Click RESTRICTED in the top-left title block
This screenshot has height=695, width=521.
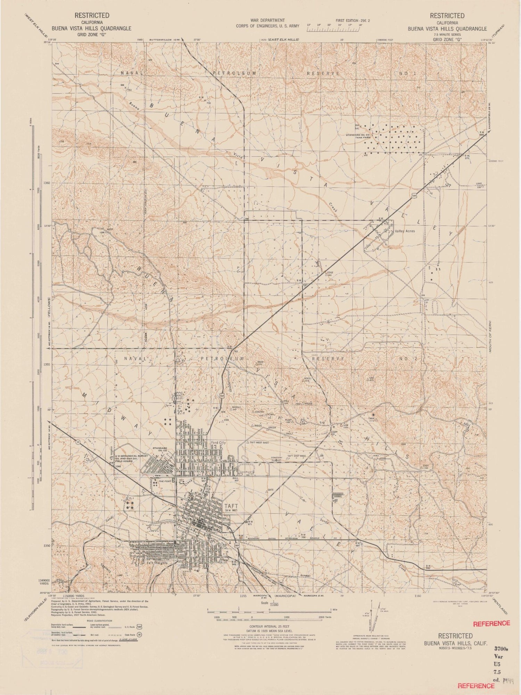coord(92,15)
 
